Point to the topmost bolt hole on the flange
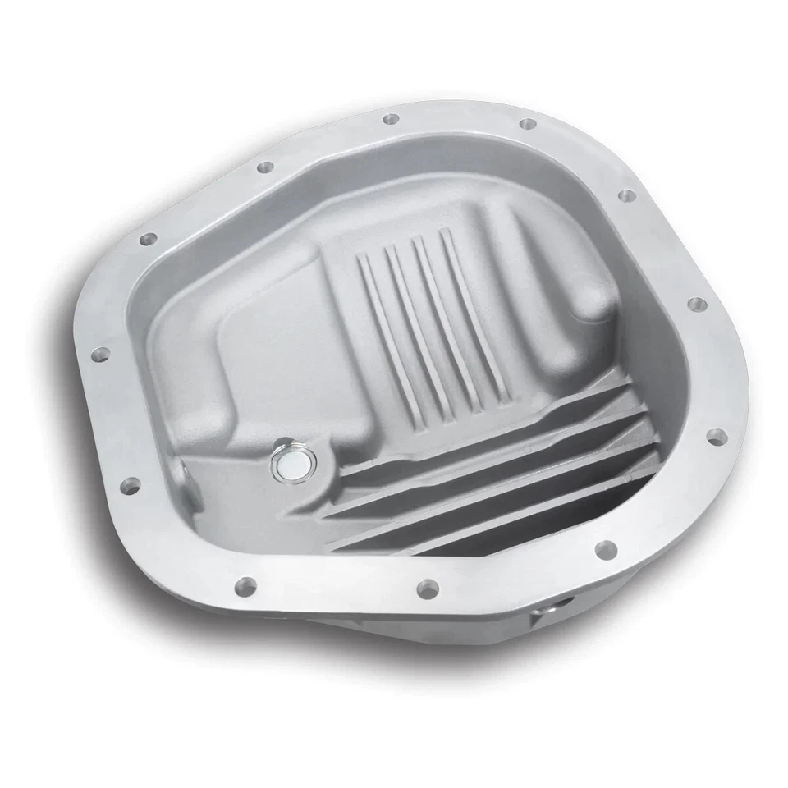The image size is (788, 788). click(390, 121)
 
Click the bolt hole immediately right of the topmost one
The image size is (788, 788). click(528, 124)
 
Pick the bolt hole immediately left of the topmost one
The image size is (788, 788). click(265, 167)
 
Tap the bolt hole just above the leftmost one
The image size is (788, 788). click(149, 240)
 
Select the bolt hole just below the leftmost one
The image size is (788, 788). click(129, 483)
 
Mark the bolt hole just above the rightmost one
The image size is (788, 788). click(696, 305)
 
